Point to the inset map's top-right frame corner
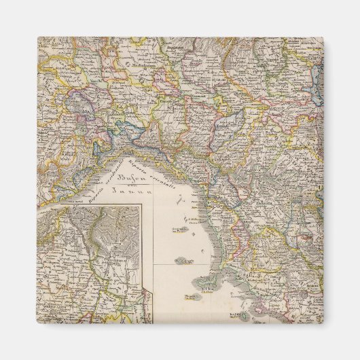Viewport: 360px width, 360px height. [141, 205]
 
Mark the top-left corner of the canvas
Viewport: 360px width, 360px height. [37, 37]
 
